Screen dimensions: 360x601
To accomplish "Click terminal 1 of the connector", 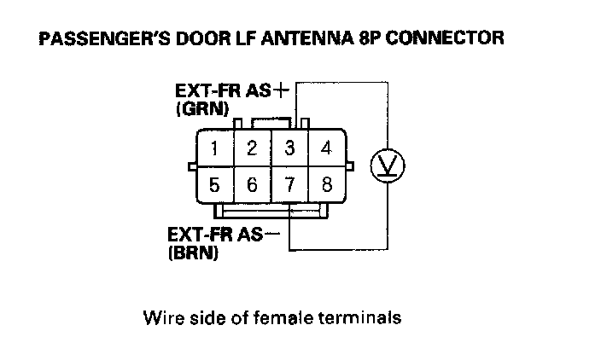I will tap(215, 148).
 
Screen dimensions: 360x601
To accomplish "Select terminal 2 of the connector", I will tap(252, 148).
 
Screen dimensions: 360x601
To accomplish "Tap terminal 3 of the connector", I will tap(289, 148).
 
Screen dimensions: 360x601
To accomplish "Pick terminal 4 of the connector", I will tap(325, 148).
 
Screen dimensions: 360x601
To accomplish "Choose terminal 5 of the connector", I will tap(215, 183).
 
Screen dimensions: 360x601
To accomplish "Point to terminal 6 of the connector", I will tap(252, 183).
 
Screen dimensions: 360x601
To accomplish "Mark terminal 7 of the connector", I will tap(289, 183).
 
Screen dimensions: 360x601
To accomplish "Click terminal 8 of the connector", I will tap(325, 183).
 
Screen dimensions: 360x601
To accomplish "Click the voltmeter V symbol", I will tap(381, 165).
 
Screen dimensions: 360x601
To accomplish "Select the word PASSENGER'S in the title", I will tap(95, 39).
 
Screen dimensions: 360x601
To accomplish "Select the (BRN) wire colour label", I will tap(190, 253).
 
